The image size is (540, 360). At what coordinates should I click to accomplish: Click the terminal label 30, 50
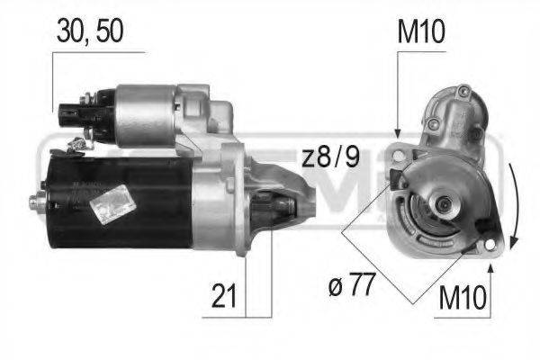click(x=89, y=31)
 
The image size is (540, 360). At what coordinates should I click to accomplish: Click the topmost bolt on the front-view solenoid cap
click(x=463, y=91)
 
